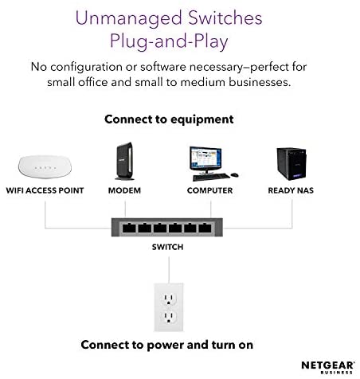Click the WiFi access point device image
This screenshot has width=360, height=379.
45,166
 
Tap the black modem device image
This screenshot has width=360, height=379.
124,161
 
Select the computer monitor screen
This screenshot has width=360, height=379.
205,159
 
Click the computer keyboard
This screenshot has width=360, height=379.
211,177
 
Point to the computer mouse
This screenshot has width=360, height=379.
234,175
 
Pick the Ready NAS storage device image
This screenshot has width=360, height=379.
292,164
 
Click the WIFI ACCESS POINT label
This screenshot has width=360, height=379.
45,190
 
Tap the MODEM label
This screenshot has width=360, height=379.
124,190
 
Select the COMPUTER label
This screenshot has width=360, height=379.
209,190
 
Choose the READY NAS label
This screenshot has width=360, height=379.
291,190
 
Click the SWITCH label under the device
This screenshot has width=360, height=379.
167,247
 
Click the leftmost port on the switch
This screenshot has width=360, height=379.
129,228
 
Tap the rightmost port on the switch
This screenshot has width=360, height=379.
205,228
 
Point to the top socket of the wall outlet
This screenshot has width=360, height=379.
169,299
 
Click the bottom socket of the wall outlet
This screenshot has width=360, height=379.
169,317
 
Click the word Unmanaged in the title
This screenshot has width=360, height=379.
128,18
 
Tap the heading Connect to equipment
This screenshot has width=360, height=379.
169,119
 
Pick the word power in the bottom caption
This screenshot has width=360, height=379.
165,346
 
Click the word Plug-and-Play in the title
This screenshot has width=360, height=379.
169,41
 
